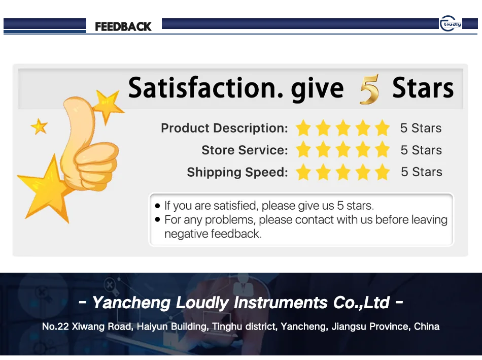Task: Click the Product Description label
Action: click(x=224, y=128)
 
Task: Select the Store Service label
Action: click(x=245, y=150)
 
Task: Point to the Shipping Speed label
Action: click(x=237, y=172)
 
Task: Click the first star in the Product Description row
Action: click(x=303, y=128)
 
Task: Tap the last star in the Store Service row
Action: click(x=383, y=150)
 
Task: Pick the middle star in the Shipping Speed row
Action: click(x=343, y=172)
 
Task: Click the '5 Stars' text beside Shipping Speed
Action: click(x=421, y=172)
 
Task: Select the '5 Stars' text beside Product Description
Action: click(x=421, y=128)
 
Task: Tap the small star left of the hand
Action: click(x=39, y=126)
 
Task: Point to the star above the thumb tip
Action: click(x=108, y=105)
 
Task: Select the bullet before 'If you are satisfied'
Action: click(x=157, y=206)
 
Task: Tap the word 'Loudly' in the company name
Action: click(x=202, y=303)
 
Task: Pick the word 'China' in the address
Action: click(x=427, y=326)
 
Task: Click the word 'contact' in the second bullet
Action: click(x=317, y=220)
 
